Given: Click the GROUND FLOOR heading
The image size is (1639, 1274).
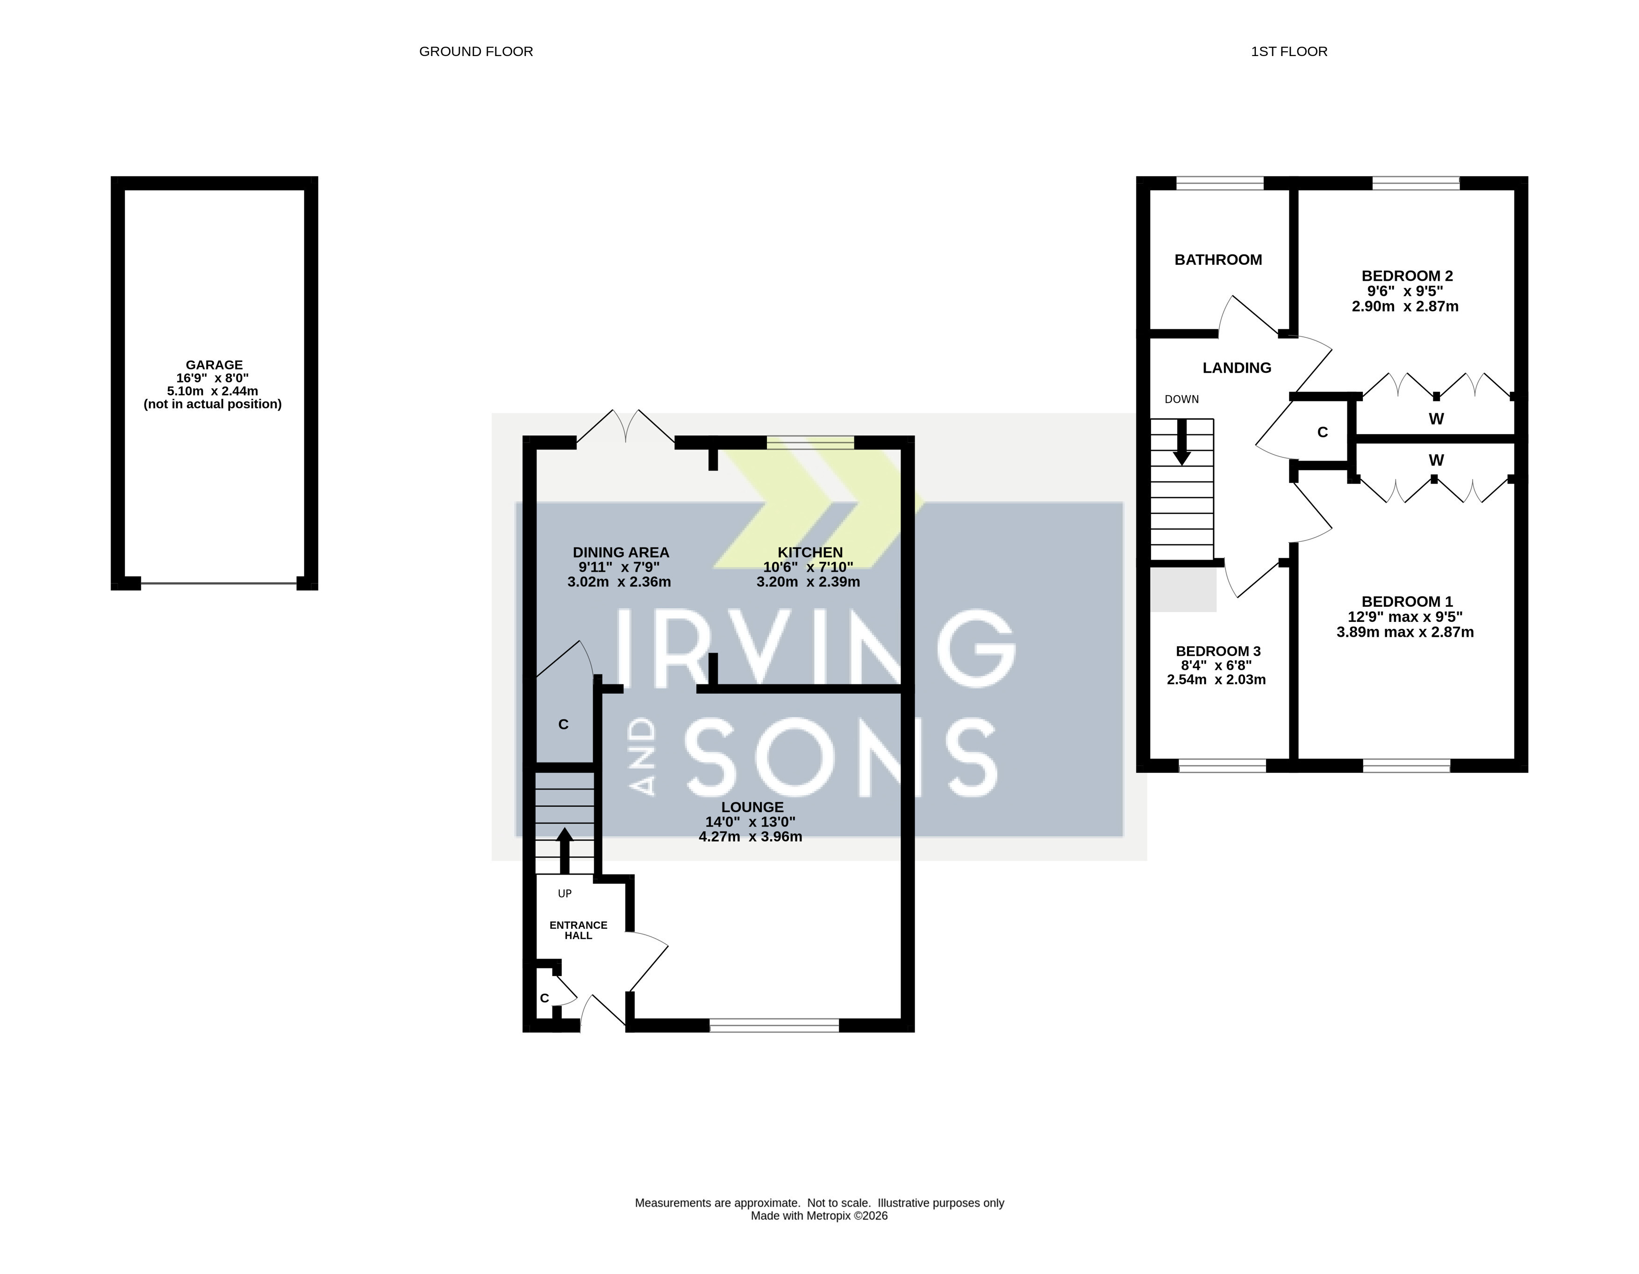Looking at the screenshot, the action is (476, 52).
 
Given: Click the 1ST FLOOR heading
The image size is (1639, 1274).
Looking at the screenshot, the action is (1288, 52).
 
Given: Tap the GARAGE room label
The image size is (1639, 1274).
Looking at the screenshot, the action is (214, 365).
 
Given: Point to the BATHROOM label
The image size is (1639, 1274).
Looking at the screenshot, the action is (1218, 260).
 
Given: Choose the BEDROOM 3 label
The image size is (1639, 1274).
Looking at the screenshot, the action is (1218, 651).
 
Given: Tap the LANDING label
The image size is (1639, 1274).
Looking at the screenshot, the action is (1237, 368).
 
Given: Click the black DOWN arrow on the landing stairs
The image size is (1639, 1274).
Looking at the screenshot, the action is (1182, 443).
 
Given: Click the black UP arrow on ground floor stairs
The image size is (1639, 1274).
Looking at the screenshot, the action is (565, 851).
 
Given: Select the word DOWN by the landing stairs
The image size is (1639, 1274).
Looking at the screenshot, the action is (1182, 399).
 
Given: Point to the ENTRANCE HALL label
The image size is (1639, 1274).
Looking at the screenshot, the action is (579, 930).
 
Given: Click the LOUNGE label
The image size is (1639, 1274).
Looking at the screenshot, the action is (752, 807).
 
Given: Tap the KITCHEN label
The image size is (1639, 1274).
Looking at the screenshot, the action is (810, 552).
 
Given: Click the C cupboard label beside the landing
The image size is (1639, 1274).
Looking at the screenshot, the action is (1323, 432).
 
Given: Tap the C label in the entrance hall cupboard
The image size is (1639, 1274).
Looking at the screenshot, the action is (545, 998).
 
